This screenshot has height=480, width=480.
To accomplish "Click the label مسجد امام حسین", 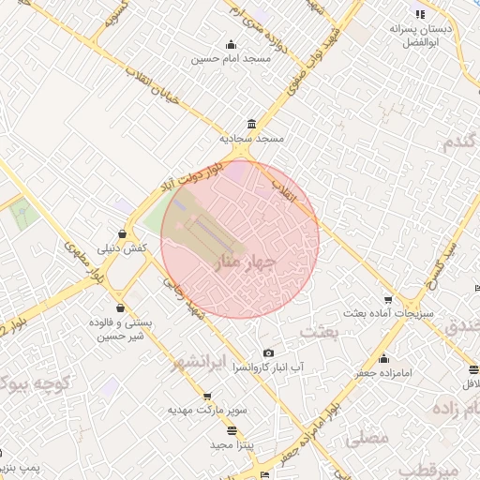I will tap(231, 58).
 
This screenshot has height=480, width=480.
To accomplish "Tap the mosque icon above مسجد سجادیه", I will tap(251, 125).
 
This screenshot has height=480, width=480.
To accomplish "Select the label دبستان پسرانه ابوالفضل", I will tap(421, 37).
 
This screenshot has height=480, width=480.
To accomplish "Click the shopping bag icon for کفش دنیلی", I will tap(123, 234).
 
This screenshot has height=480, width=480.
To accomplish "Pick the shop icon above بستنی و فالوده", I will tap(120, 307).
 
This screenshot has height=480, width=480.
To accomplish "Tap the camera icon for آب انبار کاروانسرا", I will tap(269, 353).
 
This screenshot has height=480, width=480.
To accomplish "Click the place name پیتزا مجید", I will tap(228, 442).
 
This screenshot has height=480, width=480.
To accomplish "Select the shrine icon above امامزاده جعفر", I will tap(383, 358).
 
